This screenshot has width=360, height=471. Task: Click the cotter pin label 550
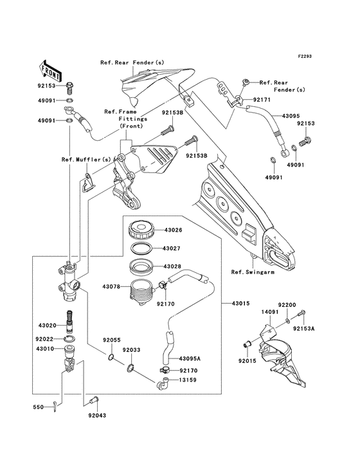pos(39,407)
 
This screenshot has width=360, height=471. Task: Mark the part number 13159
pos(188,380)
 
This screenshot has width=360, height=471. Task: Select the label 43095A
pos(190,358)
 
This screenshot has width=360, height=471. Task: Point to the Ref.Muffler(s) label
pos(85,160)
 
